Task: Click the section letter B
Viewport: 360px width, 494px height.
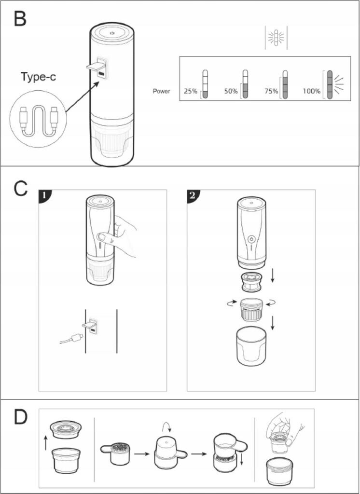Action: pyautogui.click(x=20, y=19)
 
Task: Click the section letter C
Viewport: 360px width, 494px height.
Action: pyautogui.click(x=20, y=189)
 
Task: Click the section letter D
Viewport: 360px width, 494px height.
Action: pyautogui.click(x=20, y=416)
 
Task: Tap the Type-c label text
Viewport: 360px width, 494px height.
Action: pyautogui.click(x=38, y=77)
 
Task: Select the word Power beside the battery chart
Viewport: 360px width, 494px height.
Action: pyautogui.click(x=161, y=91)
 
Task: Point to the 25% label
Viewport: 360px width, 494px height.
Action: pyautogui.click(x=191, y=91)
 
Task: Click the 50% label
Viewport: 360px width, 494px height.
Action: pyautogui.click(x=231, y=91)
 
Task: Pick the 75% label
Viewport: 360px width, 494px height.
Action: pyautogui.click(x=271, y=91)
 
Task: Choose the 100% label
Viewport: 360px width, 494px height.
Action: pyautogui.click(x=311, y=91)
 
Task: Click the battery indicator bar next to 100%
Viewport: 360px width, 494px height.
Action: pyautogui.click(x=330, y=84)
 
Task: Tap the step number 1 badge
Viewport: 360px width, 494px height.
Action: pyautogui.click(x=44, y=196)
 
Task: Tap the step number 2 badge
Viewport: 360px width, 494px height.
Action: pyautogui.click(x=193, y=196)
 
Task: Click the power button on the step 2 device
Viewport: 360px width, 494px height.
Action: pyautogui.click(x=251, y=239)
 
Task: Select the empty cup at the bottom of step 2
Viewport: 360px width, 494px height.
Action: pyautogui.click(x=251, y=346)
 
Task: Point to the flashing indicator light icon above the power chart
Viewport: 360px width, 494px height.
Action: pyautogui.click(x=276, y=38)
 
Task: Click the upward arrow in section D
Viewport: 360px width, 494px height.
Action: pyautogui.click(x=46, y=443)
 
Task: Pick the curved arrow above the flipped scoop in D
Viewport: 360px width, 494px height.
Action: pyautogui.click(x=166, y=428)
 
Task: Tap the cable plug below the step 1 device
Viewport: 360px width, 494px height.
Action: pyautogui.click(x=77, y=339)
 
